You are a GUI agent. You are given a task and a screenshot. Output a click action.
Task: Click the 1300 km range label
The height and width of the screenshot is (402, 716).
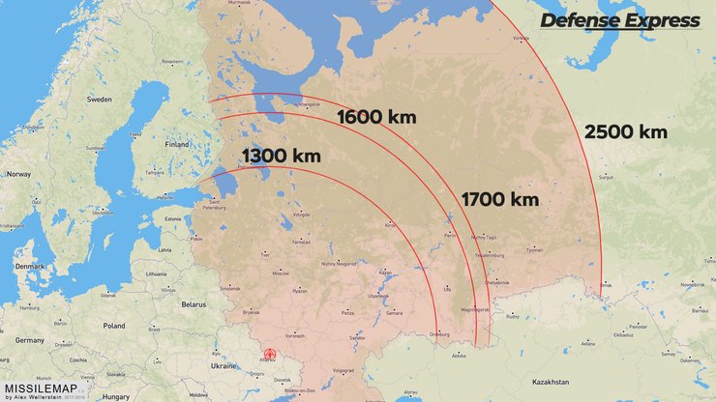point(281,156)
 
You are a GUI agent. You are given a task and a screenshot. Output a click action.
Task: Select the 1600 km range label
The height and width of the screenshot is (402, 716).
point(376,118)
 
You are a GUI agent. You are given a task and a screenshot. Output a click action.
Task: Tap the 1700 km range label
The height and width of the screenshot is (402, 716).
point(499,200)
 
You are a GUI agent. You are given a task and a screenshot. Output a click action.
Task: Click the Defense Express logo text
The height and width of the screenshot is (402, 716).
point(620,21)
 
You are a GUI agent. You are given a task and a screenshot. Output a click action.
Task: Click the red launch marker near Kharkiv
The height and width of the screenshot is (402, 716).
point(270,355)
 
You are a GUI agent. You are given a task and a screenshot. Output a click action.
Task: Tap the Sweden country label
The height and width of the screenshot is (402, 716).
point(100,99)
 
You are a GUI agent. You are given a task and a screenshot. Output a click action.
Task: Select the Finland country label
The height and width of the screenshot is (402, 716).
point(177,145)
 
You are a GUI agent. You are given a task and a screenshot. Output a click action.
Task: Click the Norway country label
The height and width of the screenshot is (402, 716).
point(19,175)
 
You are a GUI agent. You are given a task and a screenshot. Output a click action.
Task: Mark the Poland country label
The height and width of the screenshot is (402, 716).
point(115,326)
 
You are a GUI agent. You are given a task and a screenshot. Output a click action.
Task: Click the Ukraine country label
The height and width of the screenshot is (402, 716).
point(224,366)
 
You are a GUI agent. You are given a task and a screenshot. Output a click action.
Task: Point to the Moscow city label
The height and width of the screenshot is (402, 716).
point(281,273)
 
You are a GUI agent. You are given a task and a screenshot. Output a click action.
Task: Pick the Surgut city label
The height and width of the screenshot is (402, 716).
point(607,178)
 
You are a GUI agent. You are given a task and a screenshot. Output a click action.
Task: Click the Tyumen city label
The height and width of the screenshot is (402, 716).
point(534,249)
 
